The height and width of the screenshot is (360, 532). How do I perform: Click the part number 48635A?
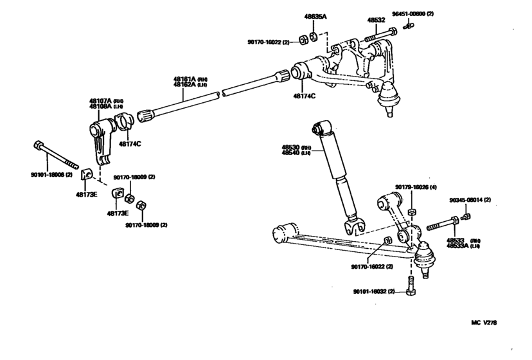315,15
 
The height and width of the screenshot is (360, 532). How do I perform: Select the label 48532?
376,20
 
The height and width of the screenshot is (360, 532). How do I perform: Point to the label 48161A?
183,78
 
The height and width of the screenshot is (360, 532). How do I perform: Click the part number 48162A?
183,84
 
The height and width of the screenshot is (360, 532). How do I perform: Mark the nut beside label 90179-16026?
412,212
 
